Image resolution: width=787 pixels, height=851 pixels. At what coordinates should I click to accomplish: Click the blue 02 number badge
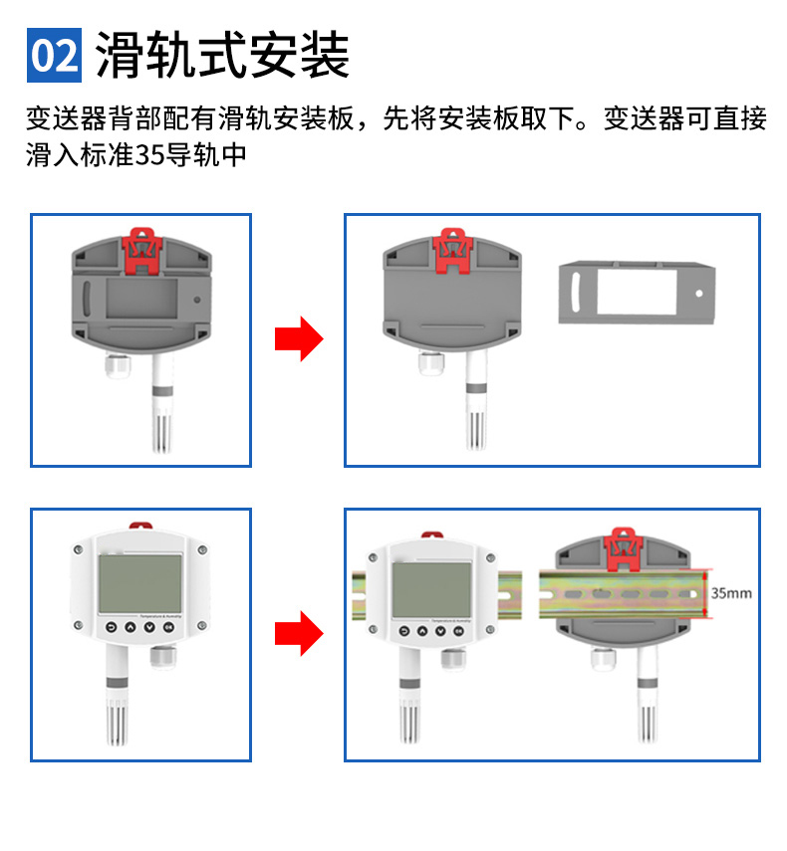[x=53, y=57]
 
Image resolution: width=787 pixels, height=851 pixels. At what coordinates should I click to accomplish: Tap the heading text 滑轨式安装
[x=222, y=56]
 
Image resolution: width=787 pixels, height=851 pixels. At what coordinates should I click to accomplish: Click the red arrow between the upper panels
[x=299, y=340]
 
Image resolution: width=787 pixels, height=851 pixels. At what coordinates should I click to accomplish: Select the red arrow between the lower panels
[x=299, y=634]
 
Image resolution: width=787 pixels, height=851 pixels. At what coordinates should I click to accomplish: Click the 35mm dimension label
[x=731, y=593]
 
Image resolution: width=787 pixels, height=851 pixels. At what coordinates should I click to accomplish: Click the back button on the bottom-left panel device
[x=110, y=628]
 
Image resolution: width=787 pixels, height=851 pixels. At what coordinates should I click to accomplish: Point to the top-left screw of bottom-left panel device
[x=77, y=549]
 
